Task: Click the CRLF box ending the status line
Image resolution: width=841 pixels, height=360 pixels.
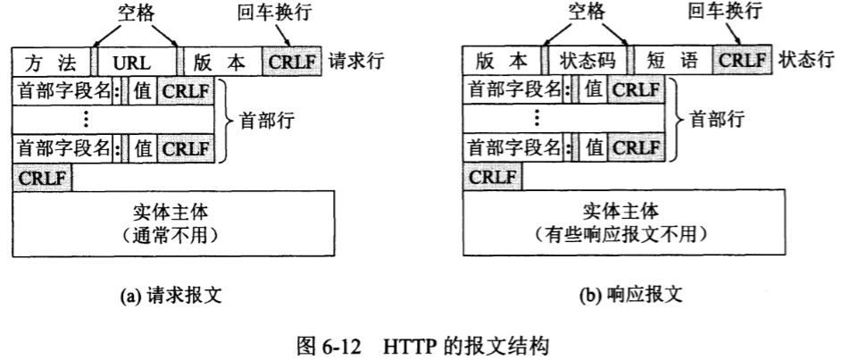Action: pos(743,64)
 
